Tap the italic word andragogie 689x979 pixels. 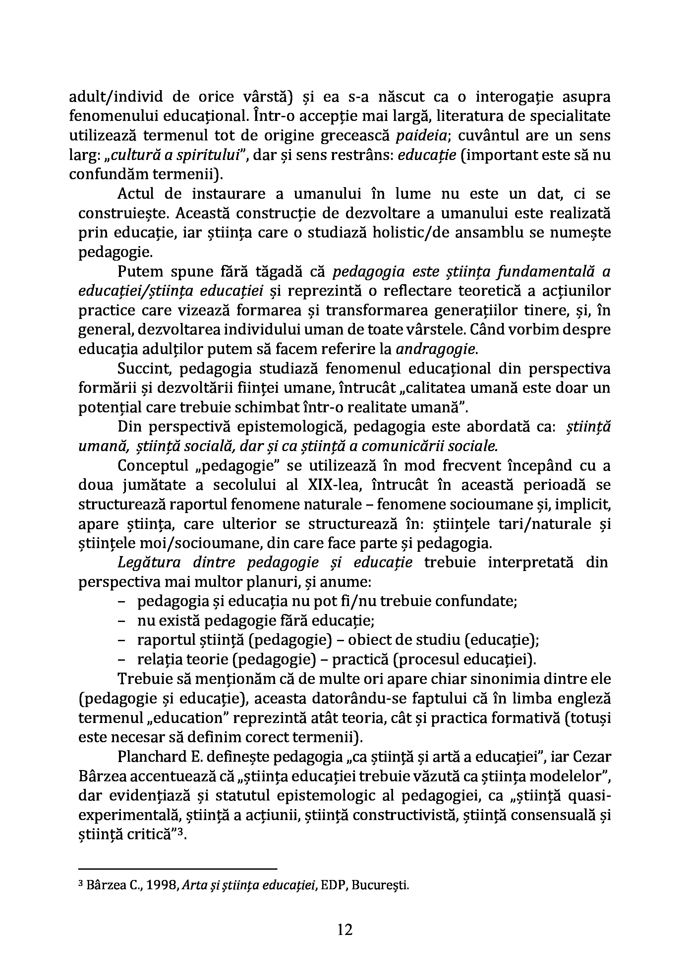(x=435, y=350)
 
